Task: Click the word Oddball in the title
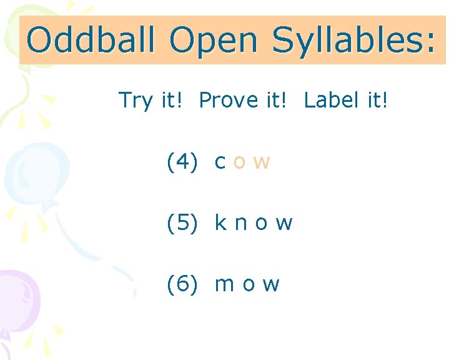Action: (x=92, y=41)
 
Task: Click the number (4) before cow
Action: (x=182, y=162)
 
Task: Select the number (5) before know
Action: (x=182, y=222)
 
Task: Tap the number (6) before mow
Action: (x=182, y=284)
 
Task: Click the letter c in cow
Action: (x=220, y=162)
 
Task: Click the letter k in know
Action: (x=220, y=222)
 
